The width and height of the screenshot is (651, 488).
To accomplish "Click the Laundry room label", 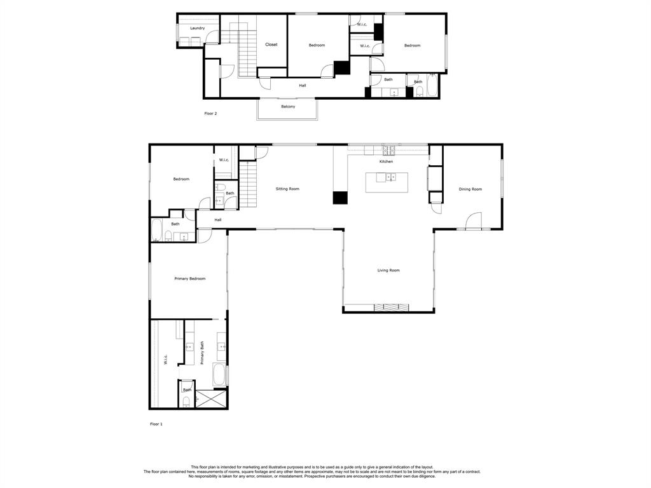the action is point(197,28).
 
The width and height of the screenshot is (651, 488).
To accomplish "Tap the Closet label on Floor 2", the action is point(271,44).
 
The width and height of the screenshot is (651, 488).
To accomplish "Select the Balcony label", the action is point(288,107).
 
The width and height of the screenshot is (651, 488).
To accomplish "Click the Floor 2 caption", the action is point(210,113).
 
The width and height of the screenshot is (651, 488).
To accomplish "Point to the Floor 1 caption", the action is point(156,424).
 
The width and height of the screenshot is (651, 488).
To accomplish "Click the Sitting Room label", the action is point(287,189).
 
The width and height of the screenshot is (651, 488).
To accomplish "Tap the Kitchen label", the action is point(386,161).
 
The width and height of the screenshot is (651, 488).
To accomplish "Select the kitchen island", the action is point(387,182).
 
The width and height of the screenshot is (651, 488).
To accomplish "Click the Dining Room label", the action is point(470,189).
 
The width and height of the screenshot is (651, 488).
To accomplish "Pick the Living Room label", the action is point(388,271).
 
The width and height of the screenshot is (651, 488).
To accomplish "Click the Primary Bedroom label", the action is point(189,279).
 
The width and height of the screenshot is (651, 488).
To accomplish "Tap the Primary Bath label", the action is point(202,353).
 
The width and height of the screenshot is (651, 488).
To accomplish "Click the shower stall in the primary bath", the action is point(211,399).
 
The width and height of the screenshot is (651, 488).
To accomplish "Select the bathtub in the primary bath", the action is point(219,375).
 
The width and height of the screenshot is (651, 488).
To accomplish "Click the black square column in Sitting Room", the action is point(340,198).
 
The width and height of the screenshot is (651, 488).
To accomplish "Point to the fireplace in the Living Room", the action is point(392,308).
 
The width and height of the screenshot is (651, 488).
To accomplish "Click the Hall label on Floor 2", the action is point(303,86).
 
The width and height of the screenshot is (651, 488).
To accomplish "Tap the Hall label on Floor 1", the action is point(218,220).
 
